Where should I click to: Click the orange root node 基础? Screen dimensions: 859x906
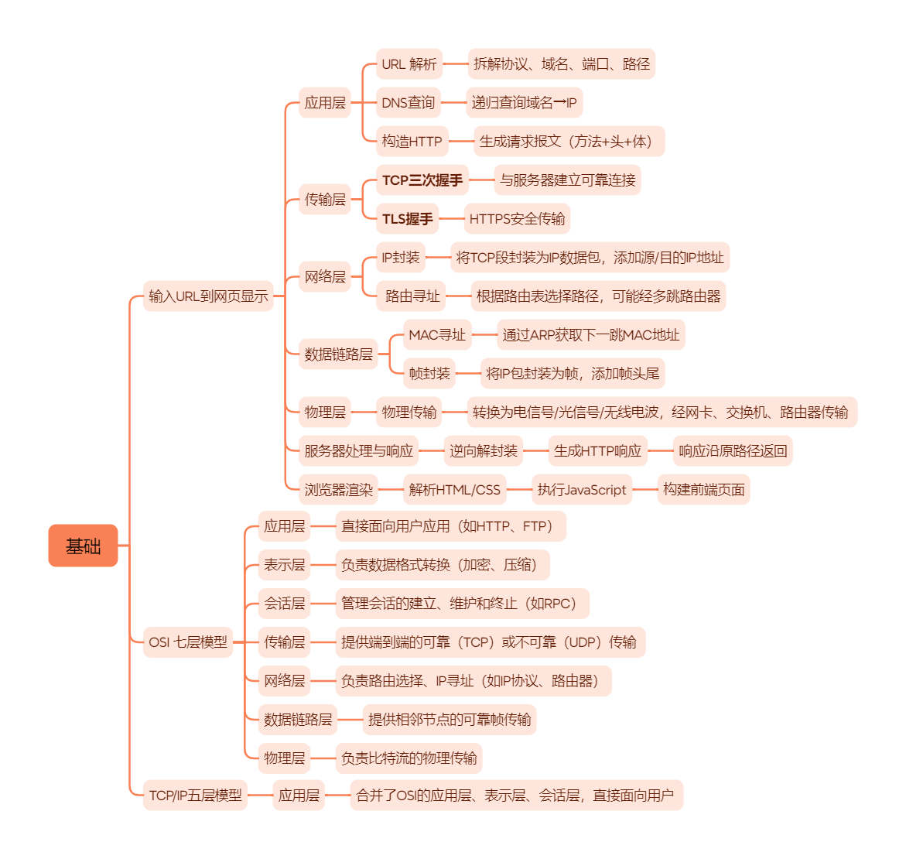point(83,546)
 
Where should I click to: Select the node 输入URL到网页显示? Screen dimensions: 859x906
point(208,296)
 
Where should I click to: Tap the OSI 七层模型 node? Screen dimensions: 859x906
point(188,642)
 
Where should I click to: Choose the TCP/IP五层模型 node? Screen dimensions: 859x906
point(195,795)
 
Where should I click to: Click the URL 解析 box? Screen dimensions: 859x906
point(409,64)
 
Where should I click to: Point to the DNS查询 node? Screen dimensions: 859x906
point(408,103)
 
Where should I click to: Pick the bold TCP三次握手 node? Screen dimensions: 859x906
point(422,180)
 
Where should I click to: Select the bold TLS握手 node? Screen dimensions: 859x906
point(407,219)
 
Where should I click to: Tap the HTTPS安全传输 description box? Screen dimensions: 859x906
point(517,219)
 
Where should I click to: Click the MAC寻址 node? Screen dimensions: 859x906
point(437,335)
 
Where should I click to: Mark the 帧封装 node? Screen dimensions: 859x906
point(429,374)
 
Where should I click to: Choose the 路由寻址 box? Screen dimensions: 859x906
point(412,296)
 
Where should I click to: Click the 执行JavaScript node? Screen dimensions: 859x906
point(582,489)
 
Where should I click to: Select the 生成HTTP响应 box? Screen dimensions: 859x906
point(597,450)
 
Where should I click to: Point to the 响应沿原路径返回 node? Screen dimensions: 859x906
point(732,450)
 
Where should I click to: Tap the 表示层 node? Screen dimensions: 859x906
point(284,565)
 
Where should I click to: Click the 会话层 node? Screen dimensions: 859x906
point(284,604)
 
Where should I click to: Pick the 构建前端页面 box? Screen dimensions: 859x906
point(703,489)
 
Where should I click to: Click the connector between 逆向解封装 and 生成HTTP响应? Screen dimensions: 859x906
point(535,450)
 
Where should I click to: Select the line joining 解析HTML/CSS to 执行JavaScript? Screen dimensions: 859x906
point(518,489)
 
